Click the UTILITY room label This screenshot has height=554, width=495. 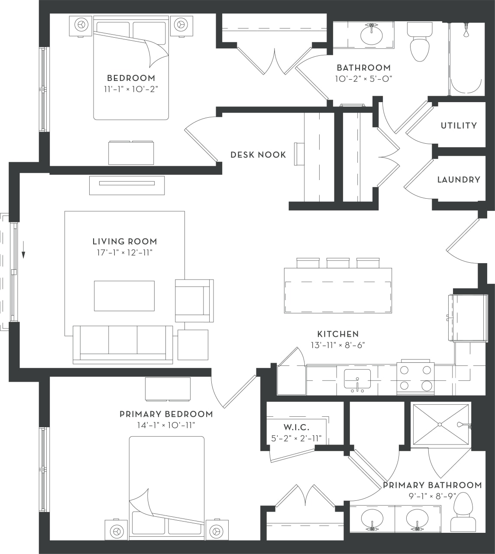click(x=459, y=126)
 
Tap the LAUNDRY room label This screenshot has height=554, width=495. click(x=459, y=180)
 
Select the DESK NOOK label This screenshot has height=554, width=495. click(x=258, y=155)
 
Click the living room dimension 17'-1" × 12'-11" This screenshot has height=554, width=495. click(x=125, y=253)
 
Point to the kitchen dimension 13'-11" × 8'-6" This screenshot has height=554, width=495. click(x=338, y=345)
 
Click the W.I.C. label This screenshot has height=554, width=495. click(x=296, y=427)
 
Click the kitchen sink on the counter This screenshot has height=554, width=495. click(x=357, y=380)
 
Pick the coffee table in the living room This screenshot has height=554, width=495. click(x=124, y=296)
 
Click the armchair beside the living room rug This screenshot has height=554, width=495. click(x=194, y=300)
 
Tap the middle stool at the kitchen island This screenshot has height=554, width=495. click(x=338, y=263)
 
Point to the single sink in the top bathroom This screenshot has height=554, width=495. click(x=371, y=35)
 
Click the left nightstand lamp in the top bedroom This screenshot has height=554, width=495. click(x=81, y=25)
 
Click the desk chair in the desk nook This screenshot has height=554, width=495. click(x=299, y=154)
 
